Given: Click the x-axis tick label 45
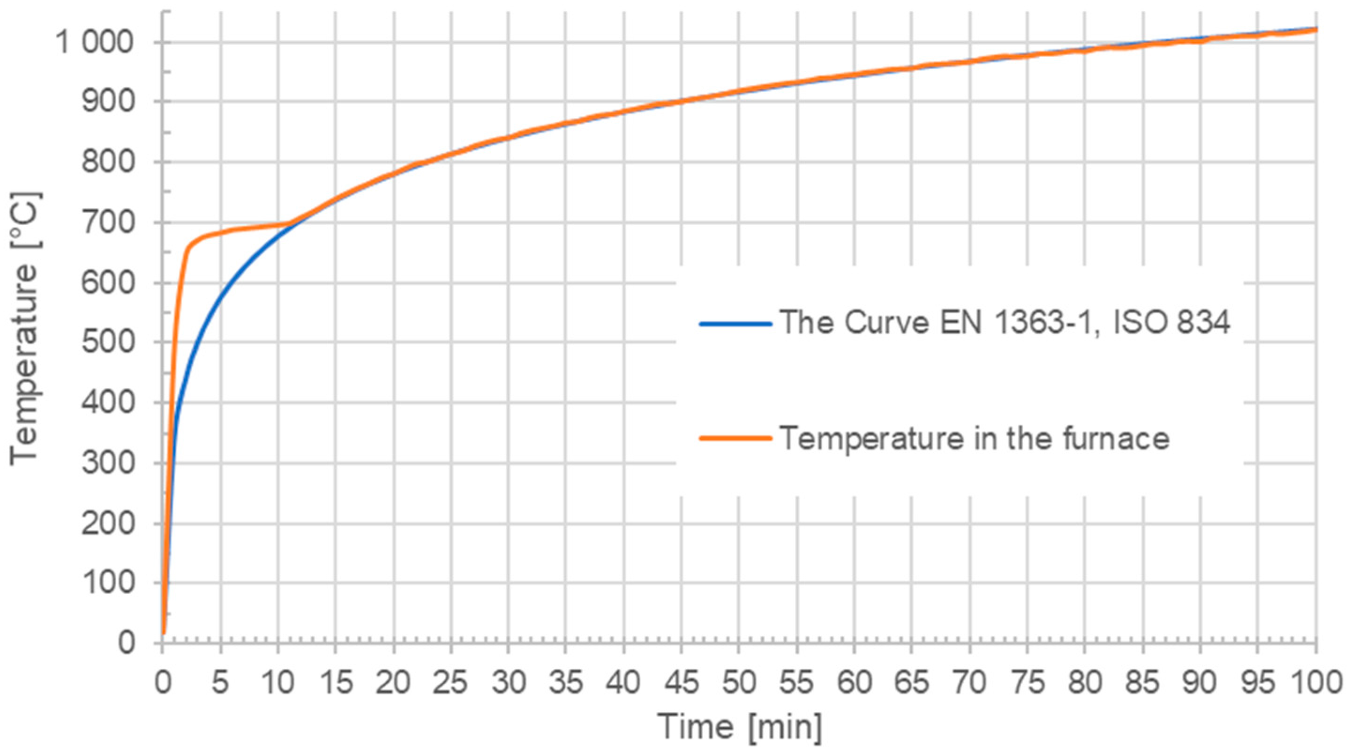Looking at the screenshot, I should (x=680, y=683).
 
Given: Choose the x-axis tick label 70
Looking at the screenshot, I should (x=969, y=683).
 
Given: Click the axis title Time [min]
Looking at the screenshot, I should (x=740, y=726).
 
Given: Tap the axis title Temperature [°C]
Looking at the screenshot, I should (x=24, y=327).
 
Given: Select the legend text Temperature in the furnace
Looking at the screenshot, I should (x=974, y=438).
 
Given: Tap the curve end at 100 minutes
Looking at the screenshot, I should (x=1315, y=30).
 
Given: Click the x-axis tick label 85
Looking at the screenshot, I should (x=1142, y=683).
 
